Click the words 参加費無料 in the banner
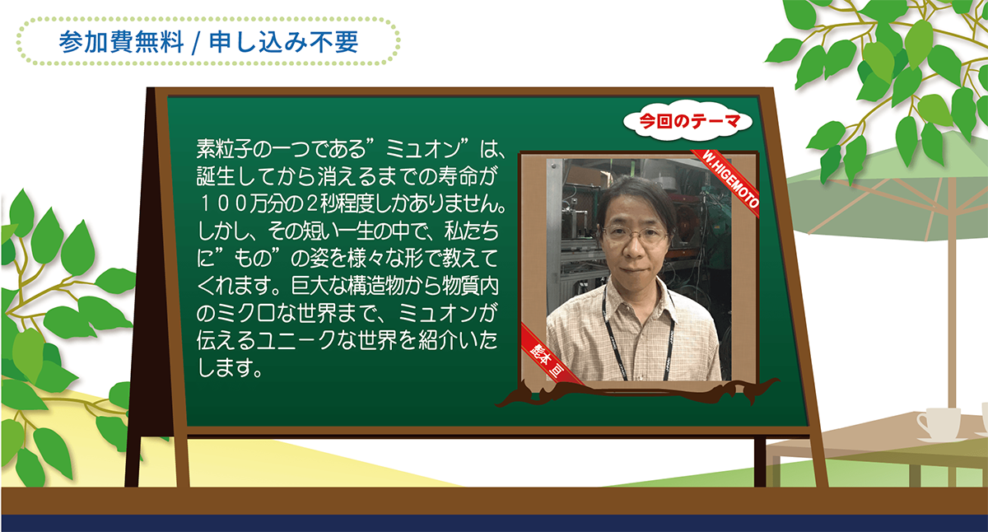click(121, 42)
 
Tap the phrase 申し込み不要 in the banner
click(283, 42)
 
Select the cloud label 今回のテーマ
click(689, 121)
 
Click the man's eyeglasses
click(636, 234)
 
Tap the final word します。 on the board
click(230, 367)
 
